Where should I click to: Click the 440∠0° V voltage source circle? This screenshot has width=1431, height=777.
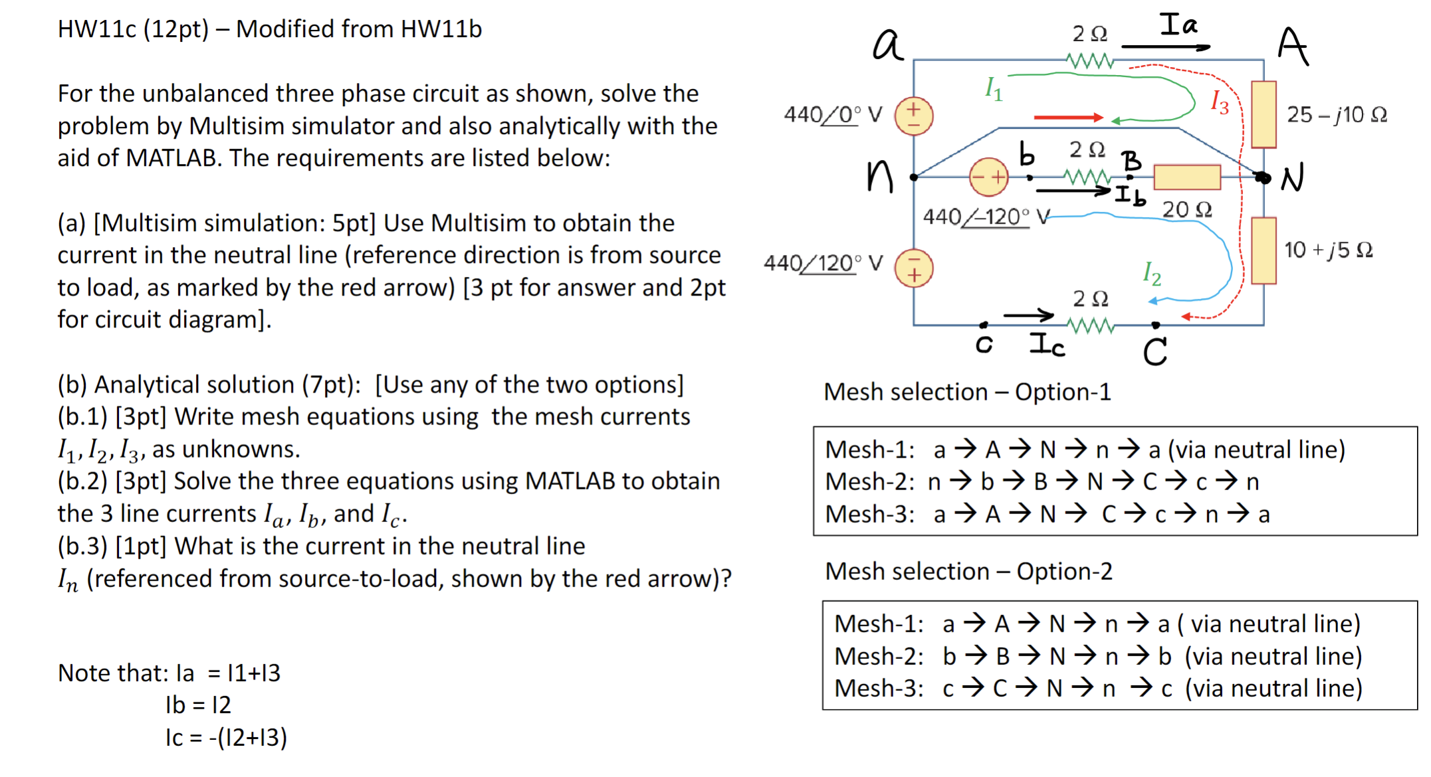pos(914,116)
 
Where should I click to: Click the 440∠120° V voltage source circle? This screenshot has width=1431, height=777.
pos(914,268)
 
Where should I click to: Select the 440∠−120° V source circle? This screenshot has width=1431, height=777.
pos(988,177)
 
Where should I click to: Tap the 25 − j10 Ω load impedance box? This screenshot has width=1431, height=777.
pos(1264,114)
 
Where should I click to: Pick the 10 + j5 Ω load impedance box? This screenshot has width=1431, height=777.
pos(1264,250)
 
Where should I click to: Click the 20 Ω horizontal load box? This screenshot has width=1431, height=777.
pos(1187,177)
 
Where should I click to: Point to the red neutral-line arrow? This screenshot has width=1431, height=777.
pos(1067,118)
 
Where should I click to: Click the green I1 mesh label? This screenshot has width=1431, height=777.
pos(994,88)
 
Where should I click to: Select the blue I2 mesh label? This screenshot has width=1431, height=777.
pos(1152,273)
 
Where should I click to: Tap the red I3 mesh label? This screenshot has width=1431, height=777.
pos(1220,102)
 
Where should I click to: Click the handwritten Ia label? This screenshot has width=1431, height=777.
pos(1178,25)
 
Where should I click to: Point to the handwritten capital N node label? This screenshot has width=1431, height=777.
pos(1293,178)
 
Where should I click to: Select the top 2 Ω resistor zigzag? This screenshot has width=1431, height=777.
pos(1090,62)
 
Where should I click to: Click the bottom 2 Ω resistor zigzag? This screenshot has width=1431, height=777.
pos(1090,325)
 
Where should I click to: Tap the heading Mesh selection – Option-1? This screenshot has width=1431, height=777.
pos(967,392)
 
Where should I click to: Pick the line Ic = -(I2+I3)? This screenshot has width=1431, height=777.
pos(226,737)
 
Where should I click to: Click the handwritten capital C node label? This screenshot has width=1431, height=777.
pos(1155,352)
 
